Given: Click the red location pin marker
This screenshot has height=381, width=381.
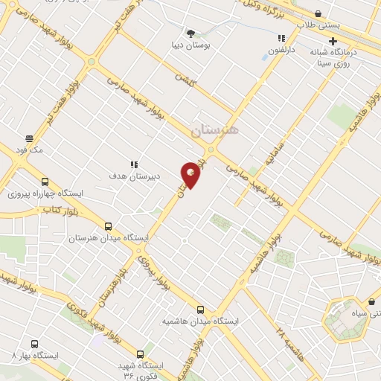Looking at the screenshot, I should tap(192, 175).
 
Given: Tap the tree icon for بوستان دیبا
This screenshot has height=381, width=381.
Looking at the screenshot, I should tap(192, 33).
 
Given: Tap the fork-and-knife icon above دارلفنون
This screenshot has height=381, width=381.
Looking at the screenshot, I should tap(281, 39).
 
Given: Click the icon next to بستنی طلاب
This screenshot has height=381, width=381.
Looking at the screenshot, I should tap(318, 13).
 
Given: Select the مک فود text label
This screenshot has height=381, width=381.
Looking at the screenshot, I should tap(33, 151).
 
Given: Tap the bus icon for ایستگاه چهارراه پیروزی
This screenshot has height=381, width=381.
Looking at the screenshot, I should tap(45, 181).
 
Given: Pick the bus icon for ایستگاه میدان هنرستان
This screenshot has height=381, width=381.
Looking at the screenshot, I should tap(109, 226).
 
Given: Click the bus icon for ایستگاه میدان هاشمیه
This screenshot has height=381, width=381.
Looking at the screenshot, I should tap(200, 309).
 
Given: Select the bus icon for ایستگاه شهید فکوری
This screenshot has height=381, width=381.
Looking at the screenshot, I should tap(139, 354).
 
